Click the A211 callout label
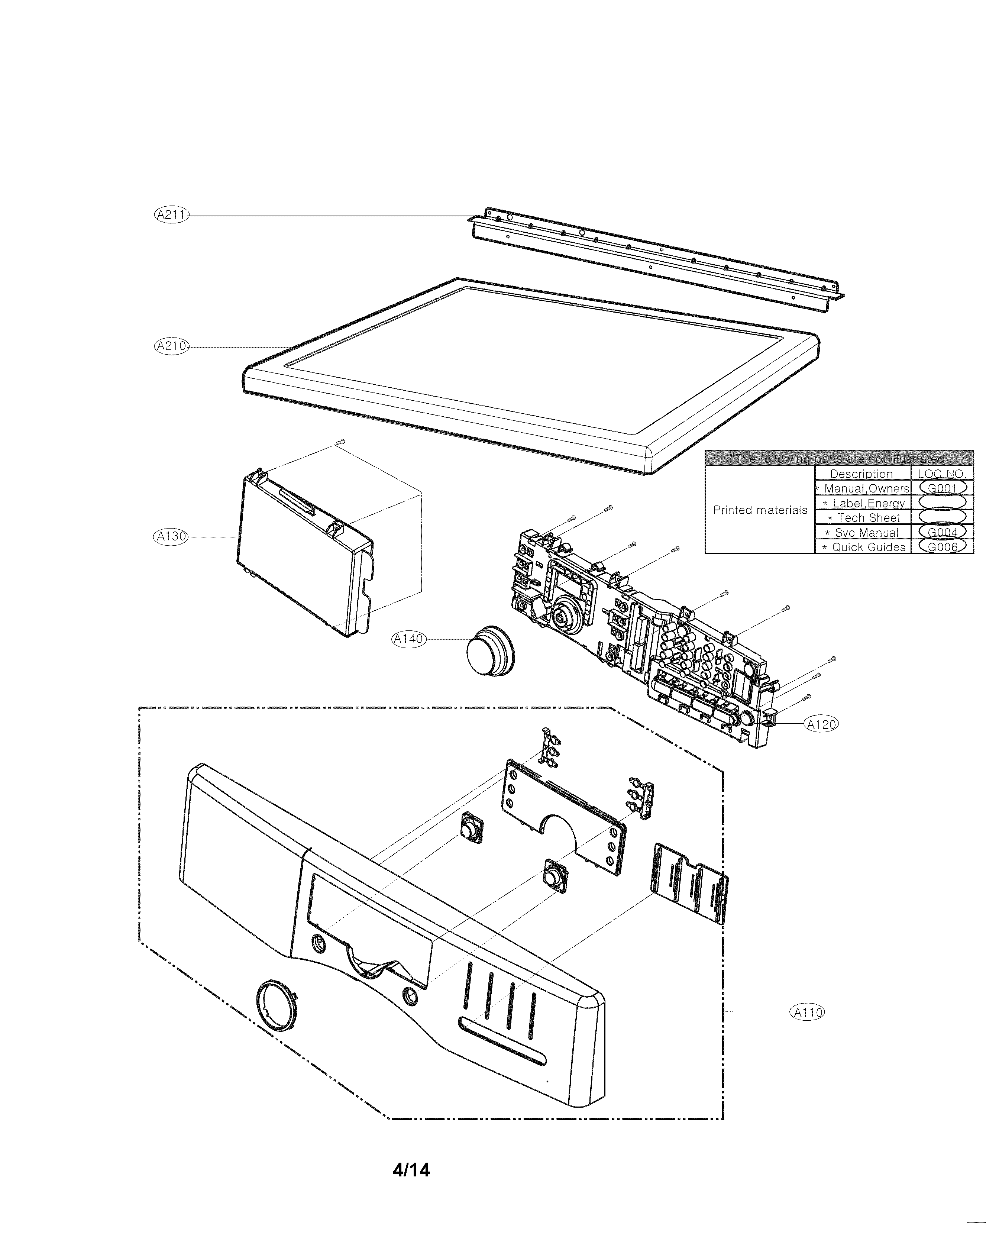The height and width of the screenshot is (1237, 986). (x=171, y=215)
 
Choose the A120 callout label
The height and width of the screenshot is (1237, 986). (x=821, y=725)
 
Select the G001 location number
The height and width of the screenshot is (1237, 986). (x=943, y=488)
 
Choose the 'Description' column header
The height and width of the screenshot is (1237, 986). (x=861, y=474)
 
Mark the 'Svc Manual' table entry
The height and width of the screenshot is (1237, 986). (x=866, y=532)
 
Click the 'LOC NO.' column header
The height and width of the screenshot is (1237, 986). (x=941, y=474)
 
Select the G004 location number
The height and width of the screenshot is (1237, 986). (x=943, y=532)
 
